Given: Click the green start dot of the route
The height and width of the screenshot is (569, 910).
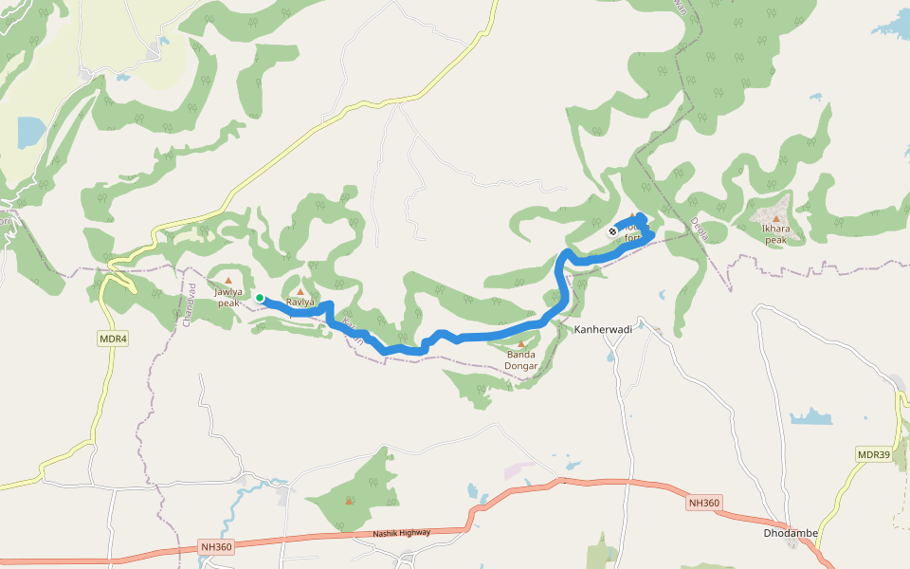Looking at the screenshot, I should point(260,298).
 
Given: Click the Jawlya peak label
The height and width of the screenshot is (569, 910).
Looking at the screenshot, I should point(227,298).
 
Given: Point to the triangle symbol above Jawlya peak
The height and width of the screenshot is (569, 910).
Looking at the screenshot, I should point(227,281).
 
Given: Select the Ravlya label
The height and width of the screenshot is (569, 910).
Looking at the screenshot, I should point(300,303).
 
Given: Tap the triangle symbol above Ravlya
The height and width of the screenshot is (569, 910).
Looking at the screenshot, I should point(301,291).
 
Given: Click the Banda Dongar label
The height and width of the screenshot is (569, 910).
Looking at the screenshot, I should point(520,360).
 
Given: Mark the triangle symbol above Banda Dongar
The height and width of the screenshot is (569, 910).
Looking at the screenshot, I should point(520,344).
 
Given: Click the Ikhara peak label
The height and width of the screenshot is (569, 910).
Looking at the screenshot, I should point(774,234).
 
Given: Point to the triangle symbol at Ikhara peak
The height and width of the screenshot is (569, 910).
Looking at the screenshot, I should point(775,219).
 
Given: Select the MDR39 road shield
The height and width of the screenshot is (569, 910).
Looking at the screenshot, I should point(873,455).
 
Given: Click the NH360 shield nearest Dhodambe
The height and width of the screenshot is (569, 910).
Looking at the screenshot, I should point(704,503).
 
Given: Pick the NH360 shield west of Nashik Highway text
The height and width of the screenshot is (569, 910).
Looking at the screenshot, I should point(216,547).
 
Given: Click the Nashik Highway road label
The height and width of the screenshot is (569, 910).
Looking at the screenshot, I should point(402,534).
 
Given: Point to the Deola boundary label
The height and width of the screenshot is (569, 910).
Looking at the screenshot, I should point(700,229).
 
